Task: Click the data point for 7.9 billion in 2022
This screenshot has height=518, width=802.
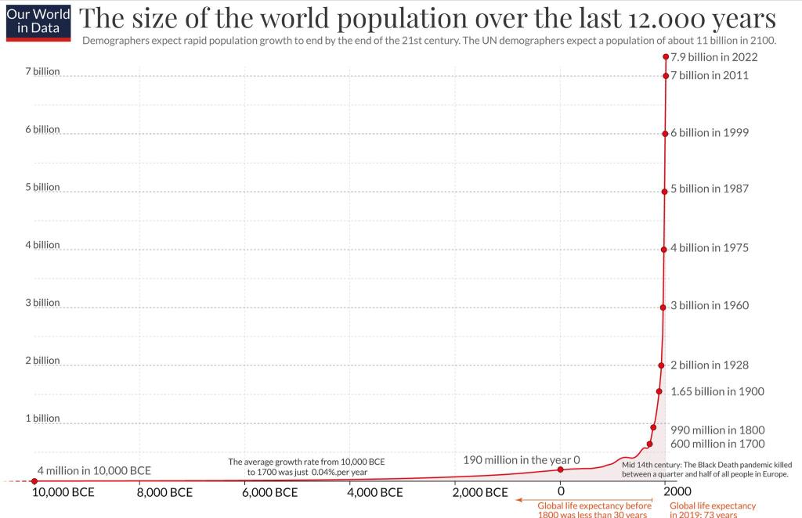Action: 666,56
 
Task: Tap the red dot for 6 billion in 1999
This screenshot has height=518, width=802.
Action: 665,133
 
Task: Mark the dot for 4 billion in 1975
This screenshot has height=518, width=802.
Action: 663,249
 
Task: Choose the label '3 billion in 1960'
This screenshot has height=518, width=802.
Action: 710,306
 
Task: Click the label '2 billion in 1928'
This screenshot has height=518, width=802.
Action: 710,365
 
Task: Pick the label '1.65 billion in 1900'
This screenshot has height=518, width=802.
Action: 717,391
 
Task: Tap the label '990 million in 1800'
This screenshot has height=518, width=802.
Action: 717,430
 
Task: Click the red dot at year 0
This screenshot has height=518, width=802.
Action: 561,469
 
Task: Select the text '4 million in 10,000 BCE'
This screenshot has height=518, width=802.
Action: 94,471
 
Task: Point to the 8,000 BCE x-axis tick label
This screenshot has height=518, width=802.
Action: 164,493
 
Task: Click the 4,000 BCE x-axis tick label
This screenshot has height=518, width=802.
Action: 374,493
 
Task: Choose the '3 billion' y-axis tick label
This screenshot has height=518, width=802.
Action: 42,303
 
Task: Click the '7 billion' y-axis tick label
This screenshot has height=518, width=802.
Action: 42,71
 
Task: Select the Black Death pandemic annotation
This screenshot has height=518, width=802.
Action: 705,469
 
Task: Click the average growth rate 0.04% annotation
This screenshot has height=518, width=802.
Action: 306,467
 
